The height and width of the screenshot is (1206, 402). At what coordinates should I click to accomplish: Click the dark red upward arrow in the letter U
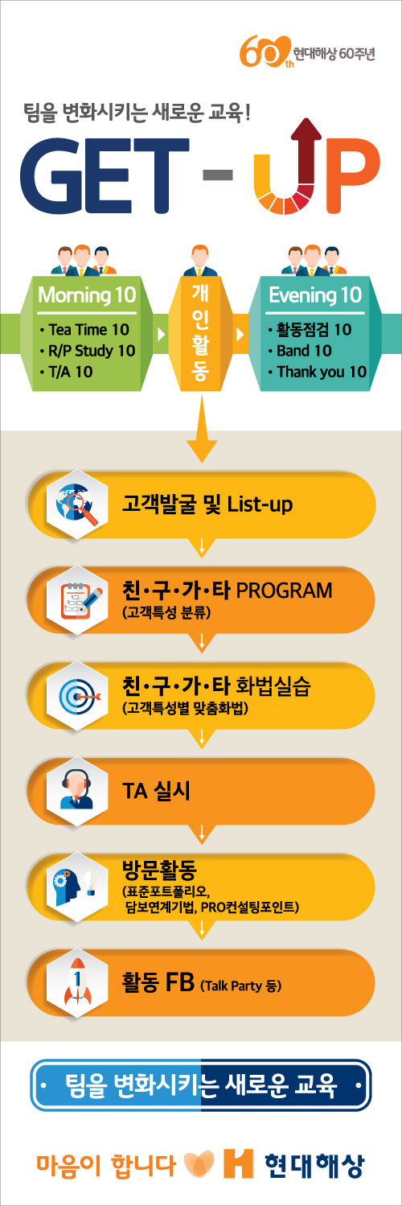tap(306, 156)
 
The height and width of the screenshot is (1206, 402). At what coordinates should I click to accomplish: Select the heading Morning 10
tap(87, 294)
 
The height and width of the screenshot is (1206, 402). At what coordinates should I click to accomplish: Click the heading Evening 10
tap(315, 294)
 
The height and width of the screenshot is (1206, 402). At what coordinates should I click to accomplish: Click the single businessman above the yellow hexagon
tap(200, 261)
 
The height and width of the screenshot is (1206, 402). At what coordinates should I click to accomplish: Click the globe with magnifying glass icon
tap(77, 504)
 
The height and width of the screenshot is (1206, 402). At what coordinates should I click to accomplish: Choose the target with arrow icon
tap(79, 696)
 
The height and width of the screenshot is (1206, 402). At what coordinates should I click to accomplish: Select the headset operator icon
tap(77, 791)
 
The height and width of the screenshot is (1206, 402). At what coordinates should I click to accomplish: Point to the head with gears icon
tap(77, 886)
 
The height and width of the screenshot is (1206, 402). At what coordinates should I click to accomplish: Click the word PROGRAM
tap(284, 591)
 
